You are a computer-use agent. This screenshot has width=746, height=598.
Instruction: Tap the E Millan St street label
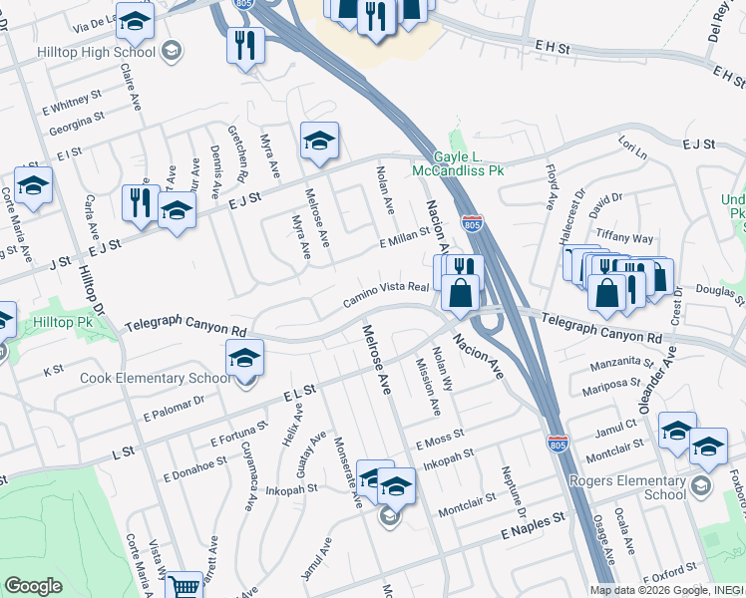coord(403,237)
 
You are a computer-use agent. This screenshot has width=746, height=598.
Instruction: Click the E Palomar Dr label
coord(174,405)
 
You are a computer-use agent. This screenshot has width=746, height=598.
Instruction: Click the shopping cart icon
coord(182,586)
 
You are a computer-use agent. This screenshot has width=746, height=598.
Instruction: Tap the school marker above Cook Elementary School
coord(244,359)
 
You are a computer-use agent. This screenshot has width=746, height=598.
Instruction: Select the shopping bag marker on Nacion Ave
coord(460,293)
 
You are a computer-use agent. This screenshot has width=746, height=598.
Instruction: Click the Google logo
coord(33,585)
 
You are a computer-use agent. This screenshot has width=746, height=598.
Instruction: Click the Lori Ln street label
coord(632,151)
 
